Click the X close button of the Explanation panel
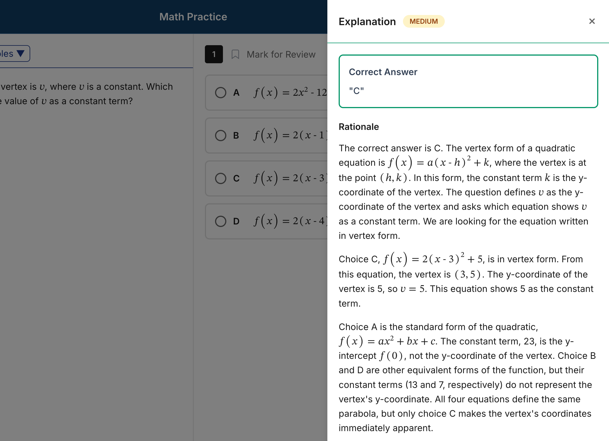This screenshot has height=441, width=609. click(x=592, y=21)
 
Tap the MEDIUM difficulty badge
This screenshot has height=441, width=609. click(x=424, y=21)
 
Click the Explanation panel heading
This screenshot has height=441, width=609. click(x=367, y=22)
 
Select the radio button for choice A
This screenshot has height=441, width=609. click(x=221, y=93)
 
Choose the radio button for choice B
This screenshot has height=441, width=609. click(x=221, y=136)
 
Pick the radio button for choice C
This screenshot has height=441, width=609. click(x=221, y=178)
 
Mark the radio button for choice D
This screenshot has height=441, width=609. click(x=221, y=221)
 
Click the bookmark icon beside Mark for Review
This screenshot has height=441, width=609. click(x=235, y=54)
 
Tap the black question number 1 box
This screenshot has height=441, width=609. click(x=214, y=54)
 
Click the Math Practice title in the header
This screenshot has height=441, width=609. click(x=193, y=17)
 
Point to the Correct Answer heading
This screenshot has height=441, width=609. click(x=383, y=72)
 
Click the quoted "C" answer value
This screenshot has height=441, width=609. click(x=356, y=91)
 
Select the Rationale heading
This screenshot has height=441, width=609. click(x=359, y=127)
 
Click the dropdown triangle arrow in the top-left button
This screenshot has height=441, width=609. click(x=21, y=53)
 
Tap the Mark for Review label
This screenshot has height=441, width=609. click(x=281, y=54)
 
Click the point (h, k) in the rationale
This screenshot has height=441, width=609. click(x=394, y=178)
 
